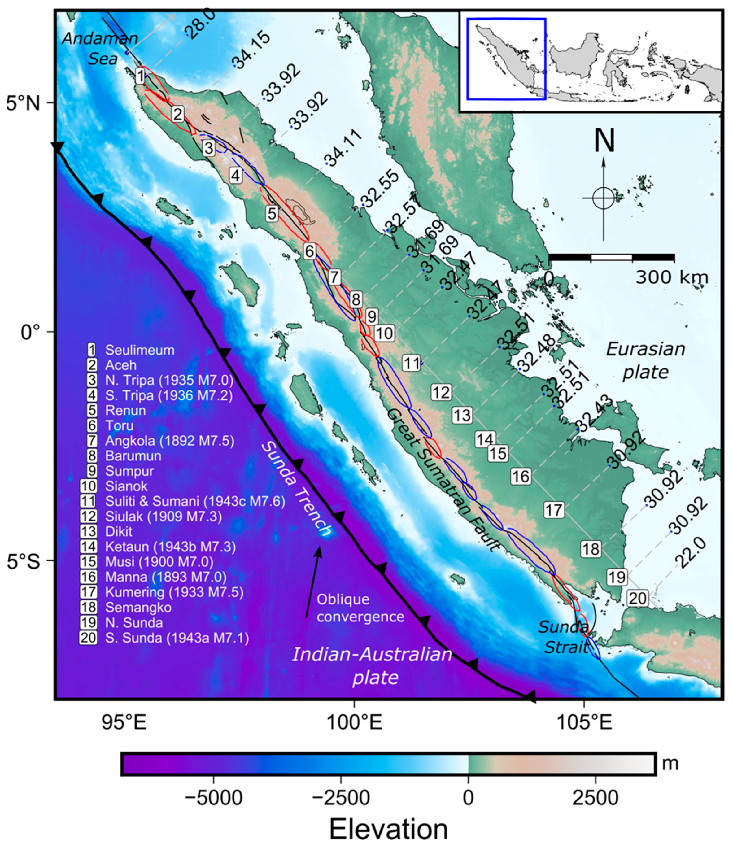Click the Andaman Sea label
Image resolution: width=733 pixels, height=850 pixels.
(x=100, y=48)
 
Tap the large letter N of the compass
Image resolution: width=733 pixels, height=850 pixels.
(x=604, y=141)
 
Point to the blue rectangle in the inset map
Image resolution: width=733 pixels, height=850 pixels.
(x=506, y=58)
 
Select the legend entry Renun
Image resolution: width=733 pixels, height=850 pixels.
(x=125, y=410)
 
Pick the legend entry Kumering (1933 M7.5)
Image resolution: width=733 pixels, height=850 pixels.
(x=174, y=592)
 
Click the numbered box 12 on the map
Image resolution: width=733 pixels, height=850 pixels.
(x=441, y=393)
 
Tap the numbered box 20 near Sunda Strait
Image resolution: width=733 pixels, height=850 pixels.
(x=637, y=598)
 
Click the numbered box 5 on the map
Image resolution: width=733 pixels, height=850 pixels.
(x=272, y=213)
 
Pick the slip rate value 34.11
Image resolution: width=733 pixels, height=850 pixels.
(x=344, y=149)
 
